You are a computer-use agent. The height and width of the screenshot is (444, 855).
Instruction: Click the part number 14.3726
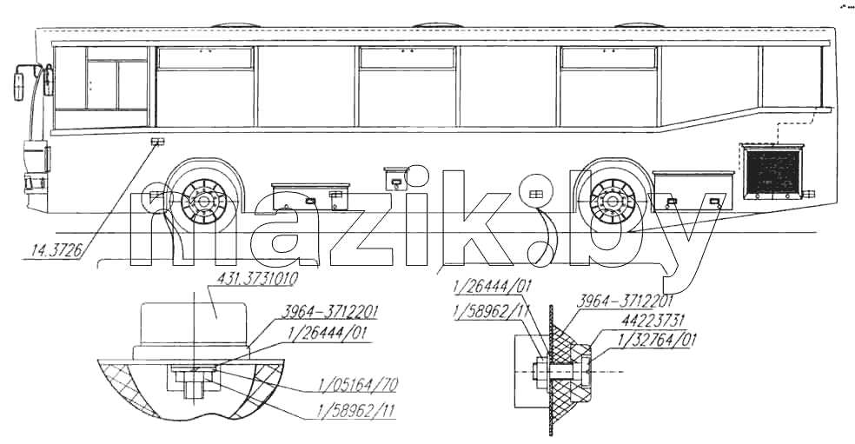coord(56,251)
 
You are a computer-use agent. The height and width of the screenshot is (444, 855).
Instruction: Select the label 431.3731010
coord(257,280)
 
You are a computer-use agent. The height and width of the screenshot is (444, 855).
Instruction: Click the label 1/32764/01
coord(657,341)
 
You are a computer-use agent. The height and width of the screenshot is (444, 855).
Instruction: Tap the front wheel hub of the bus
coord(202,201)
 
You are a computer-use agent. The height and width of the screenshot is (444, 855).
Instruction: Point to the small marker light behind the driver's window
coord(157,142)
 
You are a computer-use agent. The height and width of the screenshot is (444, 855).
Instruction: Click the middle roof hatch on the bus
coord(439,25)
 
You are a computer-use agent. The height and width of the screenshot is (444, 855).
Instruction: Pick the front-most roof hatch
coord(235,25)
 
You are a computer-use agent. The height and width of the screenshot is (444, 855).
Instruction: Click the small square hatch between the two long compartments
coord(395,178)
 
